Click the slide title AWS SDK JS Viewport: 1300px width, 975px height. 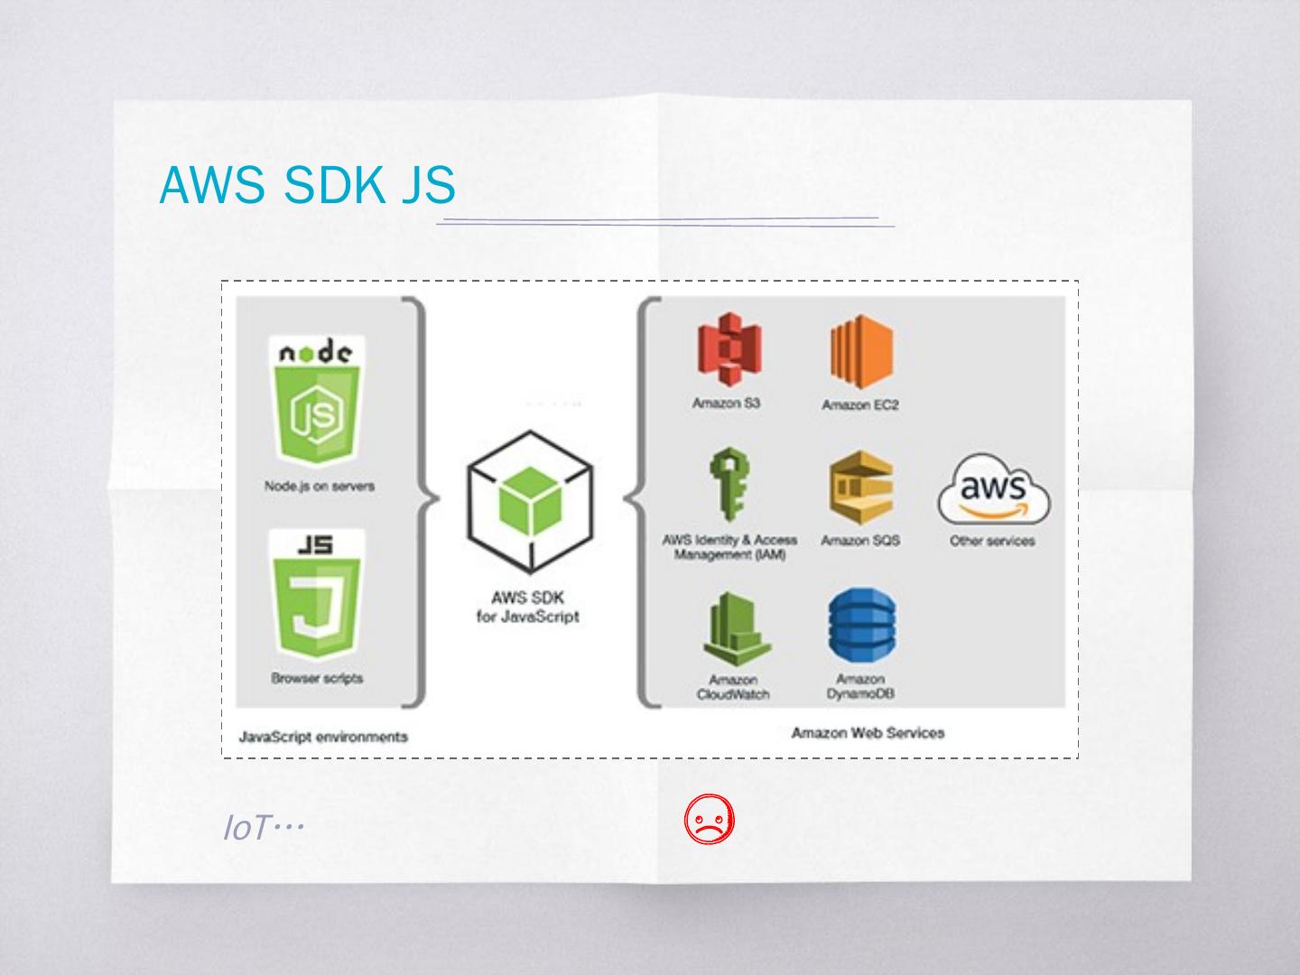tap(307, 185)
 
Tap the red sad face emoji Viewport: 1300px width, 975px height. tap(710, 821)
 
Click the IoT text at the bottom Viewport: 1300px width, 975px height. tap(262, 827)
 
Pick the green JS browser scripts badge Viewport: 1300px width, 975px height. tap(317, 596)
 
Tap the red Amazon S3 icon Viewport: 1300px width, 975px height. tap(727, 350)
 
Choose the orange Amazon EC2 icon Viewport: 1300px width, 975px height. tap(860, 352)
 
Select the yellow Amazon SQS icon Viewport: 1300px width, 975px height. tap(860, 488)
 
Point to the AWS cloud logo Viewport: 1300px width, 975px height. tap(993, 492)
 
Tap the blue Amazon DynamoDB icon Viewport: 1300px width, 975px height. tap(860, 627)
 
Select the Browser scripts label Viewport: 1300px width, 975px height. tap(317, 678)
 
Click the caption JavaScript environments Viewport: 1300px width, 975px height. tap(323, 737)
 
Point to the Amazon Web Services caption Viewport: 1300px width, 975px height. tap(868, 733)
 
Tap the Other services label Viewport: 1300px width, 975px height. tap(992, 542)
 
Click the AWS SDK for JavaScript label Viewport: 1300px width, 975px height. tap(528, 608)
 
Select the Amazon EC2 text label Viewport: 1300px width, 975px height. tap(860, 405)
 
